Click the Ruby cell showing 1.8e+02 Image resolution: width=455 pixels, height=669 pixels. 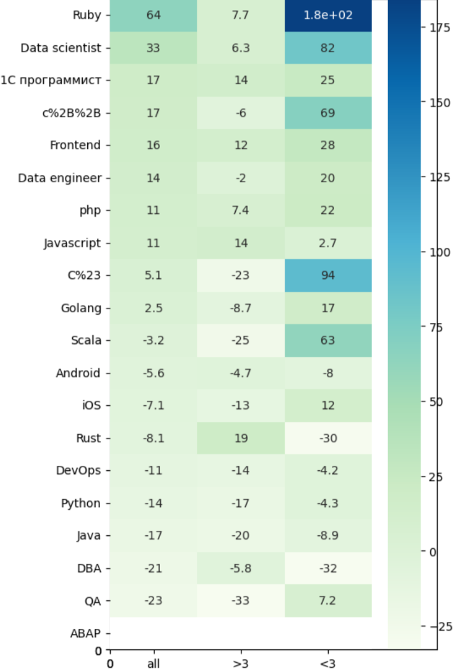pos(328,15)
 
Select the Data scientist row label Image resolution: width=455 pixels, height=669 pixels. pos(61,48)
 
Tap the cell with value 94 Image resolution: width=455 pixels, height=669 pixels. pos(328,275)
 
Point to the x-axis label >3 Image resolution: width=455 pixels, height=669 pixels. pos(240,663)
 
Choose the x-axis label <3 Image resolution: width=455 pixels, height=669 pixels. pos(328,663)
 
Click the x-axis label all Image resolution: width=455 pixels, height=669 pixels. pos(153,663)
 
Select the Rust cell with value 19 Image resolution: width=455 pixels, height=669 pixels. pos(240,438)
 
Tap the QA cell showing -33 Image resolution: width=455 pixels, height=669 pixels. pos(240,601)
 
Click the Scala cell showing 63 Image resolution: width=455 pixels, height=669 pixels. pos(328,340)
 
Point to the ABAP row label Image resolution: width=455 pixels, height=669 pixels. pos(85,633)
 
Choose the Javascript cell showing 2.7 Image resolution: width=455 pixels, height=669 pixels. pos(328,243)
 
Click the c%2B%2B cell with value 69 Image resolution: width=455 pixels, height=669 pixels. pos(328,113)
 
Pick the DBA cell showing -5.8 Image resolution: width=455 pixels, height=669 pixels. pos(240,568)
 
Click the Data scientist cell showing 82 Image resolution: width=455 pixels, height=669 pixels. pos(328,48)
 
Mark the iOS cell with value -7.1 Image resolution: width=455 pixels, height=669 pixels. pos(153,406)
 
